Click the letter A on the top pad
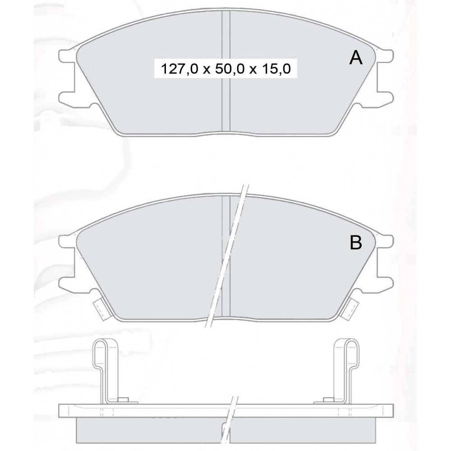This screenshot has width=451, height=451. point(356,58)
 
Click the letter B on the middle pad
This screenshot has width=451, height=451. point(356,243)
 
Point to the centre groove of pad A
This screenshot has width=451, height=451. point(226,72)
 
